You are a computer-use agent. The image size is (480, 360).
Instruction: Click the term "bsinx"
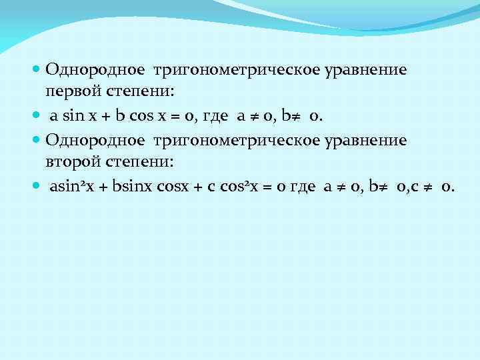tap(132, 187)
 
